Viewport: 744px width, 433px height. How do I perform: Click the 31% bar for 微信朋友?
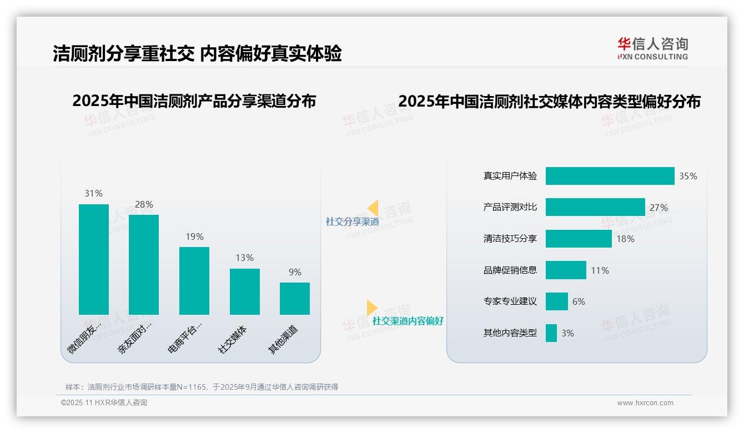tap(94, 259)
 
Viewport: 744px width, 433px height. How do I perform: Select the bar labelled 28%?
tap(144, 264)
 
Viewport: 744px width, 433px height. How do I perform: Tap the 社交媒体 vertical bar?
tap(244, 291)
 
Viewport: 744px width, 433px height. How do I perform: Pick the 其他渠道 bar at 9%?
tap(295, 298)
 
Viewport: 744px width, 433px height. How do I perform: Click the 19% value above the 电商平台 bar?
tap(194, 237)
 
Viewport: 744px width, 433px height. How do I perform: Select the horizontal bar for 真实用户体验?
tap(610, 176)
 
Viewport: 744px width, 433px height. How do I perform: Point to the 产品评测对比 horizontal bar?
tap(595, 207)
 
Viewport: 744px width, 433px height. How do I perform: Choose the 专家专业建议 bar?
tap(557, 301)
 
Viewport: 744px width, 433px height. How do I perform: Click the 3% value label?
tap(567, 333)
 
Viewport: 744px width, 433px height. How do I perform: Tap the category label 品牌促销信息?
tap(510, 270)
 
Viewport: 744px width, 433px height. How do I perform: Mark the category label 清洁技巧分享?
tap(510, 239)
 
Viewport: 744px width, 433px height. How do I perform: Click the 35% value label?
tap(688, 176)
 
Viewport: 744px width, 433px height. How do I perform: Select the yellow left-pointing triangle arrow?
tap(373, 208)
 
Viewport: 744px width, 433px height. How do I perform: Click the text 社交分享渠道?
tap(353, 221)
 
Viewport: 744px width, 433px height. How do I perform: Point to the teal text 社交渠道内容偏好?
tap(408, 321)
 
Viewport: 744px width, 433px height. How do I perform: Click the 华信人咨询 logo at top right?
tap(652, 48)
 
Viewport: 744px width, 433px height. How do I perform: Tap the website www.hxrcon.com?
tap(645, 403)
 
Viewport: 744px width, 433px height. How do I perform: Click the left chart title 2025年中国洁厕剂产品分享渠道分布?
tap(194, 101)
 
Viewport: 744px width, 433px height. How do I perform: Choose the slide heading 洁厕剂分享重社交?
tap(123, 53)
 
